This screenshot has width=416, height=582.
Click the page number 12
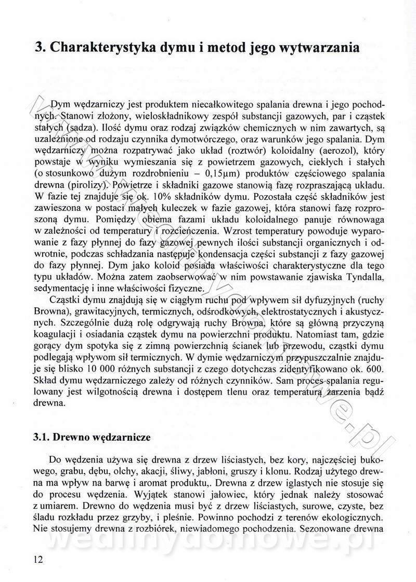pyautogui.click(x=38, y=560)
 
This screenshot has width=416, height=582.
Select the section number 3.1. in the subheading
pyautogui.click(x=44, y=437)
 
